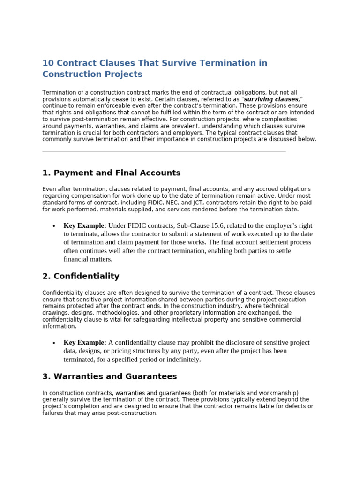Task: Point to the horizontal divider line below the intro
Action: pyautogui.click(x=164, y=151)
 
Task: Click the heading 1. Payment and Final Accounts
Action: pyautogui.click(x=111, y=173)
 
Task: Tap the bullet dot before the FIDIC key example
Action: pyautogui.click(x=54, y=226)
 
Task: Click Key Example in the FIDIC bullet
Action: pyautogui.click(x=85, y=226)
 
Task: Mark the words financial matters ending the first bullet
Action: pyautogui.click(x=88, y=259)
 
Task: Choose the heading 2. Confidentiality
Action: pyautogui.click(x=81, y=276)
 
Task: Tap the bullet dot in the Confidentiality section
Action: pyautogui.click(x=54, y=343)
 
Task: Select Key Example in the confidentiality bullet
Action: pyautogui.click(x=85, y=343)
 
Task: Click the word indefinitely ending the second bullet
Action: pyautogui.click(x=181, y=360)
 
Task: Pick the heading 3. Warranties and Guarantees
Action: pyautogui.click(x=109, y=376)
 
